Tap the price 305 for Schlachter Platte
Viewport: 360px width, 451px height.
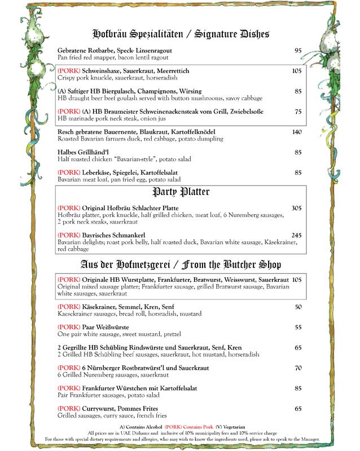pyautogui.click(x=297, y=208)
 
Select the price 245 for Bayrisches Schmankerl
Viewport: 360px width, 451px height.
pyautogui.click(x=297, y=235)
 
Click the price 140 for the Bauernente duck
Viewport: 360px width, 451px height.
pyautogui.click(x=297, y=132)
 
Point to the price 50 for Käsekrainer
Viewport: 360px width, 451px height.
pyautogui.click(x=298, y=306)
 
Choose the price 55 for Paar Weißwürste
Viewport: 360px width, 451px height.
pyautogui.click(x=298, y=327)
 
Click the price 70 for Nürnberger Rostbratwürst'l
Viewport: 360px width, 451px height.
pyautogui.click(x=298, y=368)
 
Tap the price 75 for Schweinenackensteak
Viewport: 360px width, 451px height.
pyautogui.click(x=298, y=111)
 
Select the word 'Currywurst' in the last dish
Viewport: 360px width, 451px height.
pyautogui.click(x=97, y=408)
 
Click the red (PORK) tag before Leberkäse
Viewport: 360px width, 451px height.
pyautogui.click(x=69, y=173)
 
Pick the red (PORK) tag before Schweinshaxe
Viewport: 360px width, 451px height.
pyautogui.click(x=69, y=71)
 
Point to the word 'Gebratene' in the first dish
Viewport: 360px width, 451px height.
pyautogui.click(x=72, y=51)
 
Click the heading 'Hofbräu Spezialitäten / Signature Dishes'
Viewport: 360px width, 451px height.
pyautogui.click(x=180, y=34)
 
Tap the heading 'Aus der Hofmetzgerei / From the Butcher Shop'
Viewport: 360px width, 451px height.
pyautogui.click(x=180, y=264)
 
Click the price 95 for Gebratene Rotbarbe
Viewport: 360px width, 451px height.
pyautogui.click(x=298, y=51)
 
